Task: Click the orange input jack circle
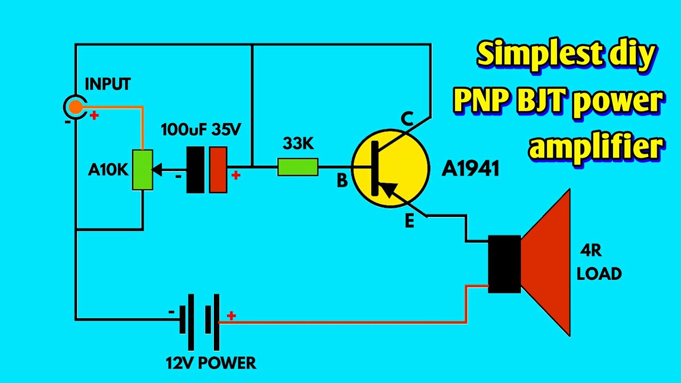click(76, 107)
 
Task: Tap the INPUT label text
click(107, 84)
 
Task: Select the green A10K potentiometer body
click(143, 170)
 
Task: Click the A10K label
click(109, 170)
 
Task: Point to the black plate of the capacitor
click(195, 170)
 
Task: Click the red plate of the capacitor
click(218, 170)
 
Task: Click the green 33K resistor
click(298, 168)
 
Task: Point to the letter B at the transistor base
click(342, 181)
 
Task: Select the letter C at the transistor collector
click(407, 120)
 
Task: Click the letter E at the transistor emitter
click(409, 221)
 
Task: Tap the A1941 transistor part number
click(470, 169)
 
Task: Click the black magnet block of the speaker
click(504, 264)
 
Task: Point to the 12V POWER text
click(211, 363)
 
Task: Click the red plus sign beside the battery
click(231, 316)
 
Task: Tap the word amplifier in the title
click(596, 146)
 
